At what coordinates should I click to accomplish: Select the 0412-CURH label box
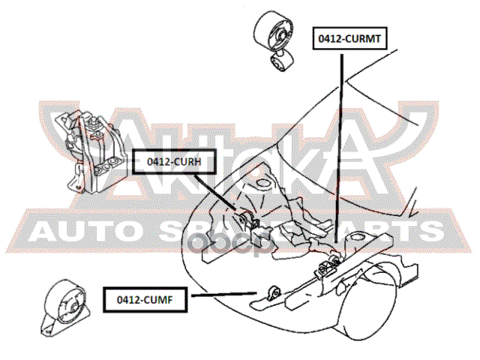[170, 160]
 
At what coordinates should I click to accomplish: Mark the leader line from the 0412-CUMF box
[229, 296]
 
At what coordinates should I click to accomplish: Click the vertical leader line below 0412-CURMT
[341, 150]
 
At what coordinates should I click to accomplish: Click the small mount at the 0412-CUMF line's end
[273, 292]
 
